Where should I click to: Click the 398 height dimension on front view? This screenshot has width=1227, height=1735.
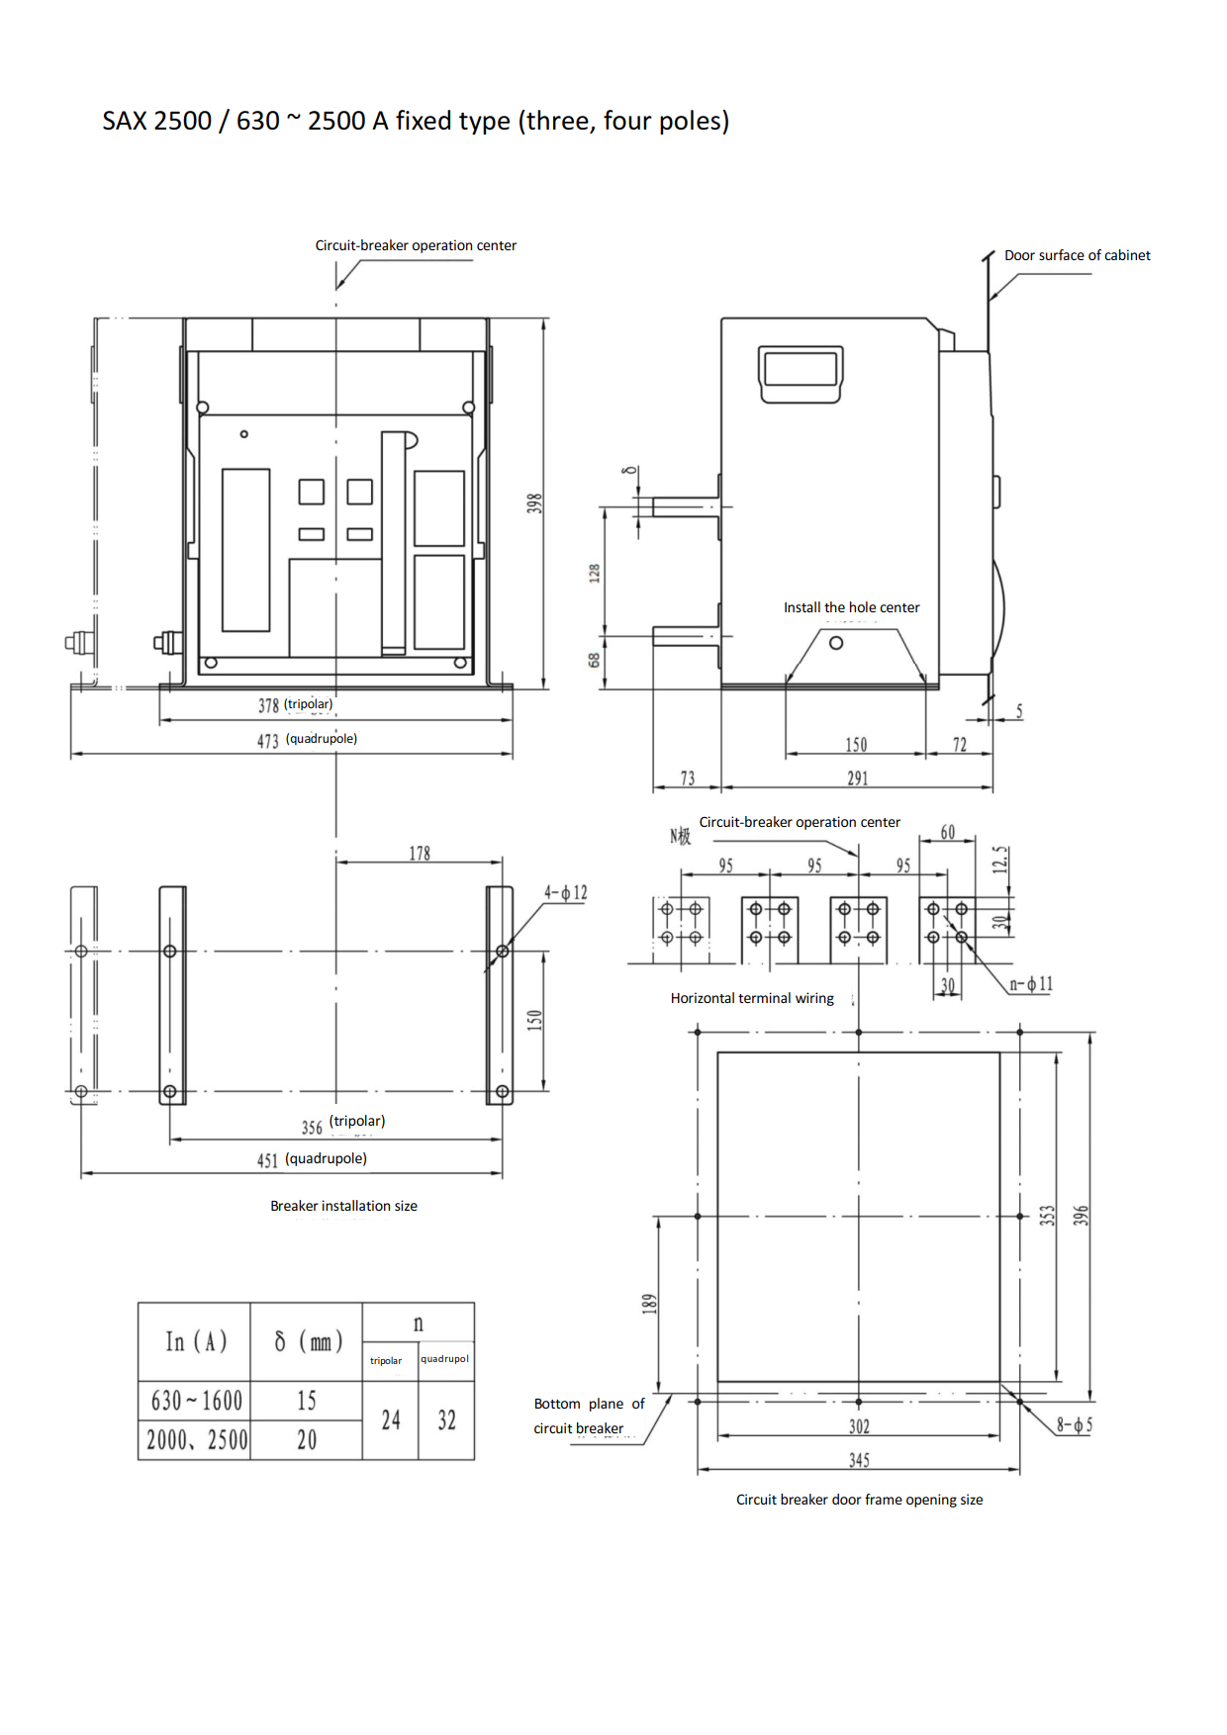tap(534, 503)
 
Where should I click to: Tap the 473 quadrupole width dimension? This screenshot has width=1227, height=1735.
tap(268, 741)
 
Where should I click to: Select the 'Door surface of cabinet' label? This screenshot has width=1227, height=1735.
tap(1078, 255)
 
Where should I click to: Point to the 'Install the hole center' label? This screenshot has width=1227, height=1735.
tap(852, 607)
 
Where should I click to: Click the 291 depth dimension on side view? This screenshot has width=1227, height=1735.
tap(858, 778)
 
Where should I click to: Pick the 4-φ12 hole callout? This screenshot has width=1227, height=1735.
tap(566, 893)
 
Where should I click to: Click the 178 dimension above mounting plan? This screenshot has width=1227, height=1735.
tap(420, 853)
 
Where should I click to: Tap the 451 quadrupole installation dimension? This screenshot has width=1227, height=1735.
tap(268, 1160)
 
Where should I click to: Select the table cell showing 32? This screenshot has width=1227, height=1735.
tap(447, 1420)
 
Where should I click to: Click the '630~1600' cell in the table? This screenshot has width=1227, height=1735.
tap(197, 1401)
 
